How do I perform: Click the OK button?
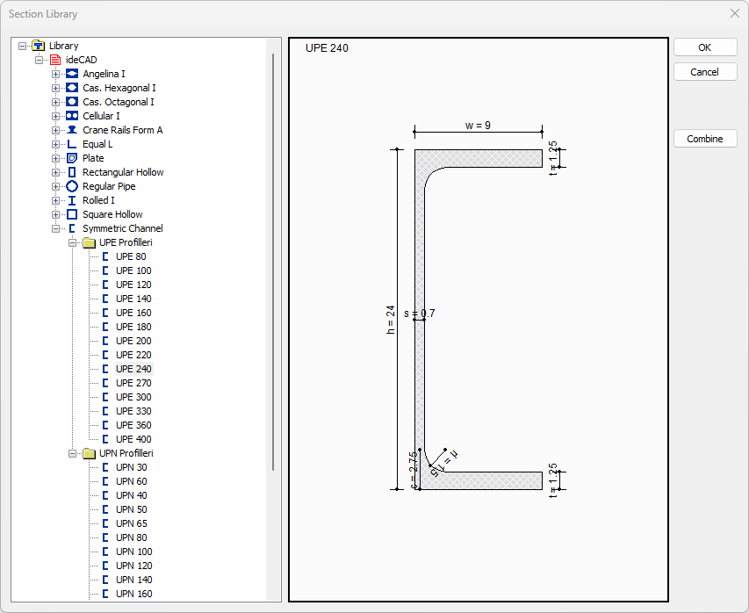[x=704, y=47]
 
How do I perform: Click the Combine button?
[x=704, y=139]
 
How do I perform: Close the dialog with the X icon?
[x=734, y=13]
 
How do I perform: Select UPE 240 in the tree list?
[x=133, y=369]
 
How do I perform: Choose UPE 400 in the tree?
[x=133, y=439]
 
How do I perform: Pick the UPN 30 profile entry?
[x=131, y=467]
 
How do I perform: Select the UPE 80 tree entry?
[x=131, y=256]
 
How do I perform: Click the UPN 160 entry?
[x=133, y=594]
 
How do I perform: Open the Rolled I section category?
[x=98, y=200]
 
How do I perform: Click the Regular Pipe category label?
[x=109, y=186]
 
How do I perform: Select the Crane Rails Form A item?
[x=122, y=130]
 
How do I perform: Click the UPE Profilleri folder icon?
[x=89, y=242]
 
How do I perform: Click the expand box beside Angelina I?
[x=56, y=74]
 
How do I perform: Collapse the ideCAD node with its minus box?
[x=40, y=60]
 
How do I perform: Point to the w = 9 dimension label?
[x=478, y=126]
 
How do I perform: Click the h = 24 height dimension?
[x=392, y=318]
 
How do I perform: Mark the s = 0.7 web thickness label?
[x=420, y=314]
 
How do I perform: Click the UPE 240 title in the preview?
[x=327, y=48]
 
